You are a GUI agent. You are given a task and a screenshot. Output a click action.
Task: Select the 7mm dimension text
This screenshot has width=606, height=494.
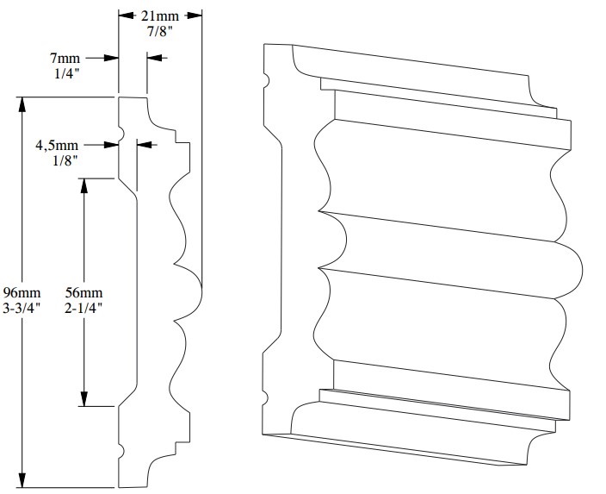[65, 58]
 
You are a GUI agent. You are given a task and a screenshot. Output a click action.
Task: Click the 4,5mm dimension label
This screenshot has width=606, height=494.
[53, 145]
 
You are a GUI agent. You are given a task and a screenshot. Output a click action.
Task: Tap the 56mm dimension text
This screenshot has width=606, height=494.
[83, 292]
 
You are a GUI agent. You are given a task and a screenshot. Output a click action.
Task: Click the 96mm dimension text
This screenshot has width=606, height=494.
[23, 292]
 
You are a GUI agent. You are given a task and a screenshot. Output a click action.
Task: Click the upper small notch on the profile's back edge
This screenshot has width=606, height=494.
[121, 134]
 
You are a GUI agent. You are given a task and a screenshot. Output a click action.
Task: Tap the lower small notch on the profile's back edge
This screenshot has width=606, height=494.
[121, 450]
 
